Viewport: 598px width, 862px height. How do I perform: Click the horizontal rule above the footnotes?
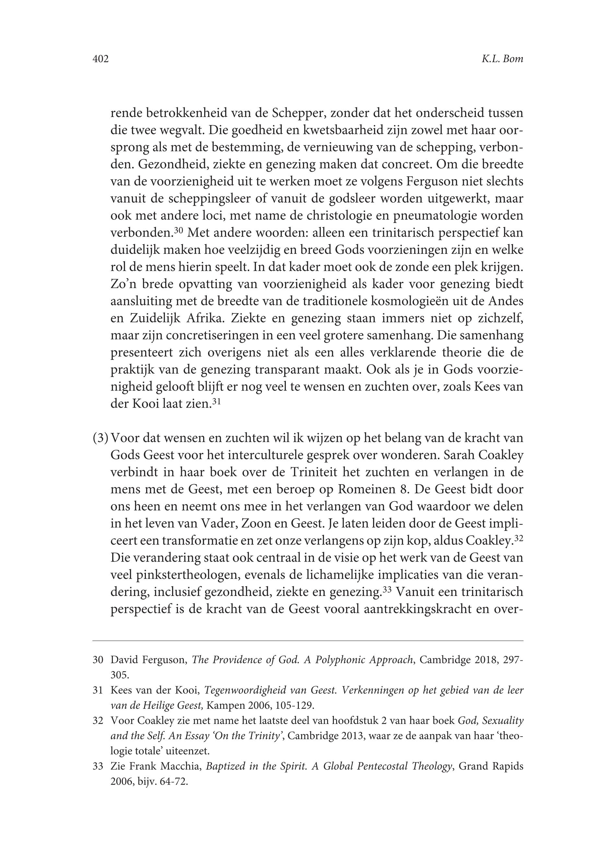click(x=308, y=641)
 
